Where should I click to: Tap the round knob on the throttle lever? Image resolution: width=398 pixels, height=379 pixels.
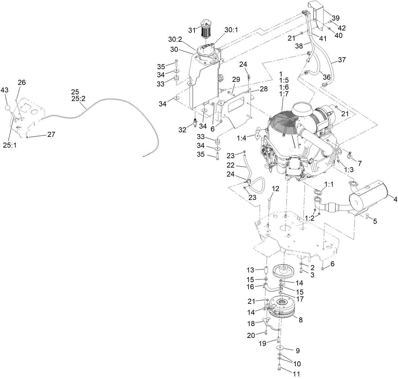[9, 108]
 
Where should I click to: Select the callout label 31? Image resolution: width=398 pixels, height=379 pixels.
[192, 30]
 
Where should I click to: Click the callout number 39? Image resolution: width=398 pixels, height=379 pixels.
[335, 18]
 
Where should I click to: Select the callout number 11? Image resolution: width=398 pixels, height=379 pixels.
[296, 374]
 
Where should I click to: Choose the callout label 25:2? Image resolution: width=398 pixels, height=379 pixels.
[78, 99]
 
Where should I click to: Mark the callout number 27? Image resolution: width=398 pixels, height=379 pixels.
[51, 134]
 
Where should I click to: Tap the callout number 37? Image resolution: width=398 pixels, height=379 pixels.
[342, 60]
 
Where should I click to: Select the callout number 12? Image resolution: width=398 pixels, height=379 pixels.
[276, 189]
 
